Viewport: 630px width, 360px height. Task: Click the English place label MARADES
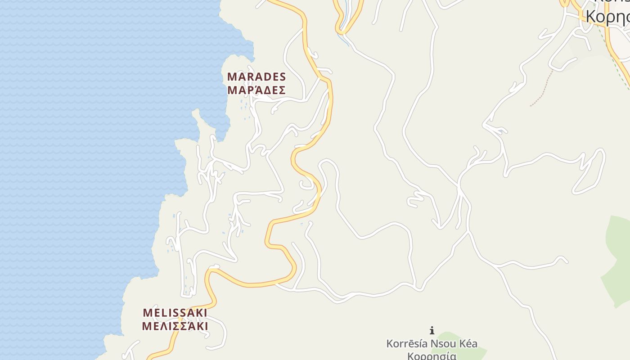[256, 76]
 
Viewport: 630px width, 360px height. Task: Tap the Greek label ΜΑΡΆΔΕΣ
[256, 90]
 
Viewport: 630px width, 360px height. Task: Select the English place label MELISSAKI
[175, 313]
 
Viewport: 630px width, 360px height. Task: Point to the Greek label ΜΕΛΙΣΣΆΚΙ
[175, 326]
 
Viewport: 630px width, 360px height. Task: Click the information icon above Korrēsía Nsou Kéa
[432, 331]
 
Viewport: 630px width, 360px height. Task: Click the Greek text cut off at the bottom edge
[432, 356]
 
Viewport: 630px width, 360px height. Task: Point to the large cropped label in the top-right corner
[607, 16]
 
